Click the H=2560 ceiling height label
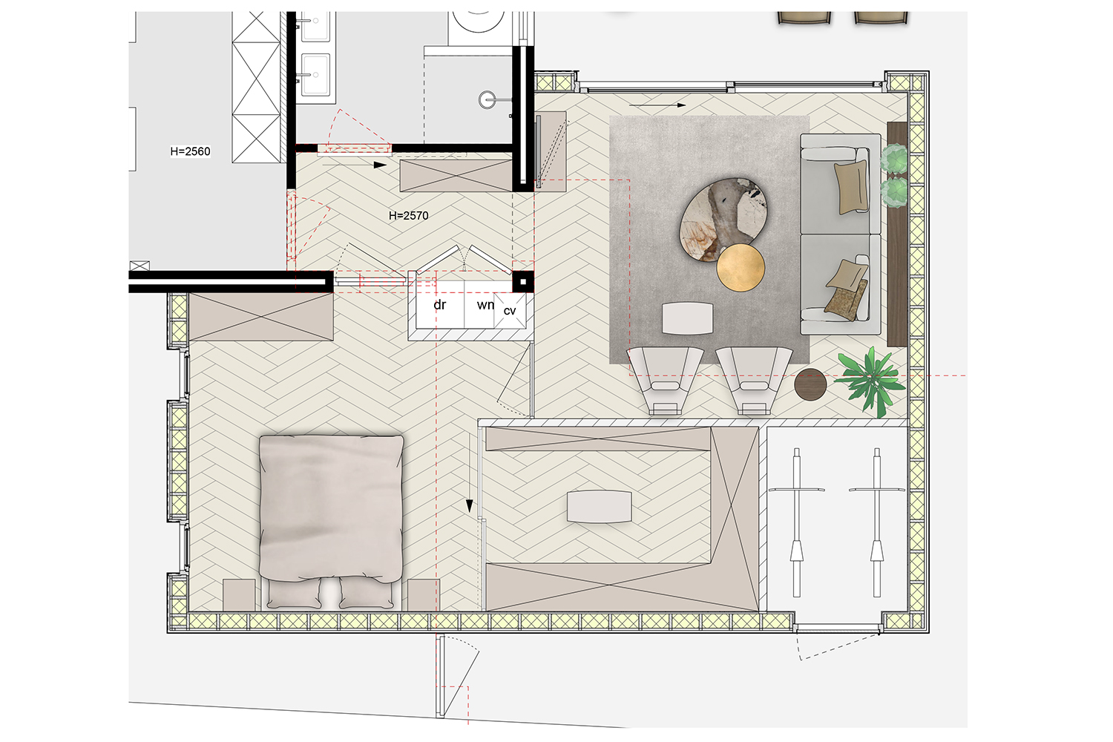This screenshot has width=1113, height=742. click(x=190, y=151)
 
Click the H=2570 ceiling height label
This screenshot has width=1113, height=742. click(x=408, y=215)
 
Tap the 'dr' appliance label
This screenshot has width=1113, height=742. click(x=440, y=305)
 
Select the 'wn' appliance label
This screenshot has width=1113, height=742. click(x=485, y=305)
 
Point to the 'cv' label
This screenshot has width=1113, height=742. click(x=510, y=311)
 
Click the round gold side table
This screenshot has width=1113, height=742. click(x=741, y=267)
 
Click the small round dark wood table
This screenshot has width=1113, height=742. click(x=810, y=384)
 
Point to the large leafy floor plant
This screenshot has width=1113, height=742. click(x=870, y=380)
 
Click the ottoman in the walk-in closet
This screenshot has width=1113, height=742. click(x=600, y=507)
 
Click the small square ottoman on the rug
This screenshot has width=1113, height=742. click(x=688, y=318)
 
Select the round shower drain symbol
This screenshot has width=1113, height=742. click(x=487, y=100)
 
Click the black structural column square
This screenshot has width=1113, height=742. click(x=522, y=282)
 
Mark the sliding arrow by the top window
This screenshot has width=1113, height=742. click(x=657, y=105)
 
